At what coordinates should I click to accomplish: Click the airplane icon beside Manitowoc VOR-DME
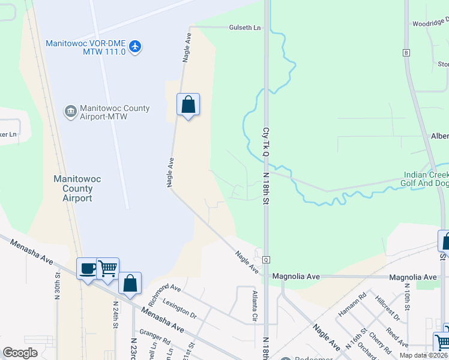pos(135,46)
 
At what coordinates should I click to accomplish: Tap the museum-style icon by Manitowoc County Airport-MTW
pos(70,111)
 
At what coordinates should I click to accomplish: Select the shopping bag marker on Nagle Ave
pos(188,105)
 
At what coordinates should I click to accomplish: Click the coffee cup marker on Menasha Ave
pos(87,268)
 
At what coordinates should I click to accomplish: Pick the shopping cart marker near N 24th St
pos(107,268)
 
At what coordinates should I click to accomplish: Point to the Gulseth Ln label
pos(246,28)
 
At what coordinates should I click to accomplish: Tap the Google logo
pos(20,353)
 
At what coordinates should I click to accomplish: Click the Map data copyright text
pos(423,355)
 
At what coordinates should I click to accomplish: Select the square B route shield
pos(406,53)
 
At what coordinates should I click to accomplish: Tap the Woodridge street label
pos(430,24)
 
